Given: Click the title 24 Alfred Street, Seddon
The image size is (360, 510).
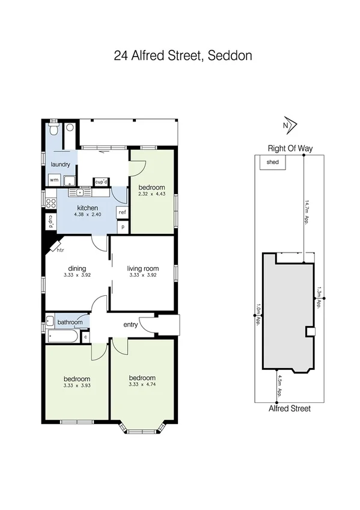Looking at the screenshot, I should point(183,56).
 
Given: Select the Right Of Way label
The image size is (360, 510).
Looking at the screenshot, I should point(291,148).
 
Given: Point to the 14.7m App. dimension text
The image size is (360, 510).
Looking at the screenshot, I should point(307,210).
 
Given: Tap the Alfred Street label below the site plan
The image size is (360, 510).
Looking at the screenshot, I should point(290,408).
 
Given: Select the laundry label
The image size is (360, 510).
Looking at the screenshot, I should point(61,164).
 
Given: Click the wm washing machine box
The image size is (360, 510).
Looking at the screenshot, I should point(54,179).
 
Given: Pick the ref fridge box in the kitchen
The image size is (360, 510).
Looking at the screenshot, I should point(122,212).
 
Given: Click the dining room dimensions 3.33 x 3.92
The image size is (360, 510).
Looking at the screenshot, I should point(77,275).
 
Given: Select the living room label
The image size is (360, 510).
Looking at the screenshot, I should point(142,268).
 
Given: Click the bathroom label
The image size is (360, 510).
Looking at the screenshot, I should point(70,322).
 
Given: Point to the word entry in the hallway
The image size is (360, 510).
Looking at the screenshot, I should point(130,325).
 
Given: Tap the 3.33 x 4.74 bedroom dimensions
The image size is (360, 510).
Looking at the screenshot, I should point(142,386).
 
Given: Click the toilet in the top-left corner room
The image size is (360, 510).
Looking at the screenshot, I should point(54,129).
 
